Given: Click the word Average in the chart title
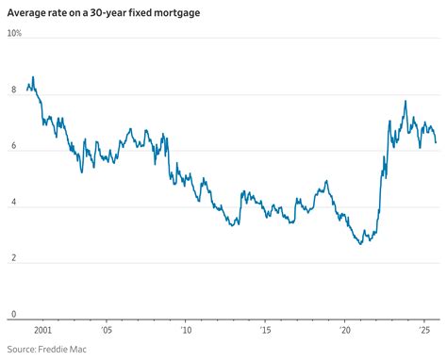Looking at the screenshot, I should tap(28, 12).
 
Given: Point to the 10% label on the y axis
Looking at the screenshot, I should tap(14, 33).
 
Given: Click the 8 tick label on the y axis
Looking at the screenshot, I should tap(13, 90).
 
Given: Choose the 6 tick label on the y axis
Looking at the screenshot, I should tap(13, 146).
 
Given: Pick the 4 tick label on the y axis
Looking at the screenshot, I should tap(13, 203).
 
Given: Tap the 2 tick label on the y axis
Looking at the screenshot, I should tap(13, 258).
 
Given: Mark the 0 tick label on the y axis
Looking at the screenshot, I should tap(13, 315).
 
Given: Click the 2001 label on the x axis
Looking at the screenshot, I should tap(41, 331).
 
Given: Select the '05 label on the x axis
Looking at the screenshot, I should tap(106, 331).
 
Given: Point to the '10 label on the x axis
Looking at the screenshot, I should tap(186, 331).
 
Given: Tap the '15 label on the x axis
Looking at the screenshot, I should tap(265, 331).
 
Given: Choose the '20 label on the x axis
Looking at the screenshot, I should tap(345, 331).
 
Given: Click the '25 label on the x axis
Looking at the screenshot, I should tap(424, 331).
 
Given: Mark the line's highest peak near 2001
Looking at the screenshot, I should tap(33, 77).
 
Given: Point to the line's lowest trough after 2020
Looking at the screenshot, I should tap(360, 244).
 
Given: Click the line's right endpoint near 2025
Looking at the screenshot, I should tap(436, 142).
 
